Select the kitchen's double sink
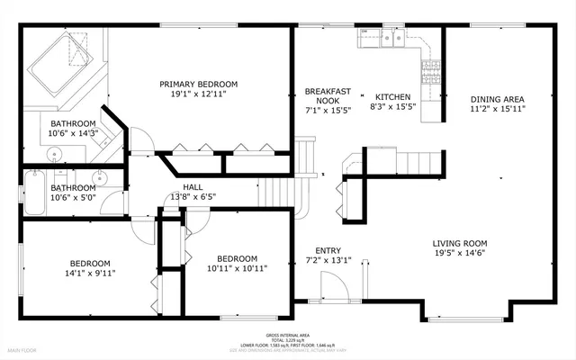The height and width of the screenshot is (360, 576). coord(391,38)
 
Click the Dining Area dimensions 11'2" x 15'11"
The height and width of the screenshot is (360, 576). coord(497,108)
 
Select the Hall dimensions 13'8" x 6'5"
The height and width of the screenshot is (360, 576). coord(193,197)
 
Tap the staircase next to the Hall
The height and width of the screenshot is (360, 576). coord(277,192)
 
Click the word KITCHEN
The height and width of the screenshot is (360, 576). coord(392,97)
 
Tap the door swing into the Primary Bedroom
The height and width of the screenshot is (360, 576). coord(141,139)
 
